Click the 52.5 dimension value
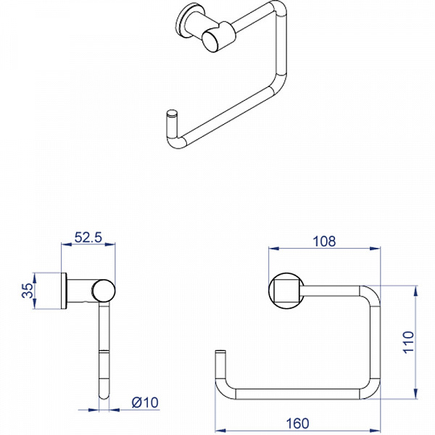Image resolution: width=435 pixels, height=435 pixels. pos(90,236)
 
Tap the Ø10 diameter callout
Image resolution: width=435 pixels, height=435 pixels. pos(145,401)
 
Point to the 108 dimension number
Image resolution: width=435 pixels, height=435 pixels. pos(323,242)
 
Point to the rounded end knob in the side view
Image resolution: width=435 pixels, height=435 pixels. pos(104,291)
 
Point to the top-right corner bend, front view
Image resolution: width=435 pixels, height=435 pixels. pos(370,293)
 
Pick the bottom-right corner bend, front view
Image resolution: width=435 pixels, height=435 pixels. pos(371,390)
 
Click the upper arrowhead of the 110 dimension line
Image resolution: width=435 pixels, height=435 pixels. pos(414,289)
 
